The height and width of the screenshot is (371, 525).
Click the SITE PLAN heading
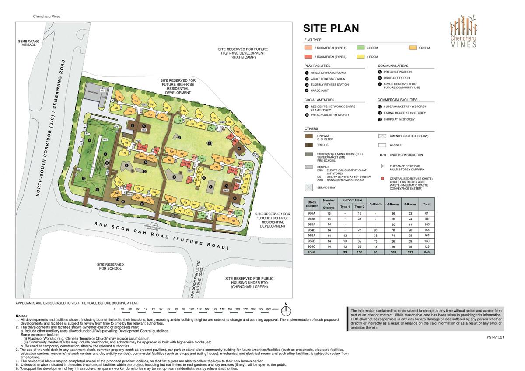pyautogui.click(x=331, y=28)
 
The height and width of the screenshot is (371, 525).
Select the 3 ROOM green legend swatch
pyautogui.click(x=360, y=48)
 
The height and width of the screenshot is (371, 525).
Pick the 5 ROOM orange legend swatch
pyautogui.click(x=413, y=48)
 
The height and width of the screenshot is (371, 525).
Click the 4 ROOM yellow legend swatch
pyautogui.click(x=360, y=57)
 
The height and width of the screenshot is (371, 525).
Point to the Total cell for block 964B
pyautogui.click(x=427, y=229)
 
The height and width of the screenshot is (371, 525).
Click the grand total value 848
pyautogui.click(x=427, y=252)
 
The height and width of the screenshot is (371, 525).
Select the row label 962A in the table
pyautogui.click(x=312, y=213)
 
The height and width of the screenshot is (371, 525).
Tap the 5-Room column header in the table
pyautogui.click(x=410, y=204)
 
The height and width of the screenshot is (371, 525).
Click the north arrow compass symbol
pyautogui.click(x=286, y=310)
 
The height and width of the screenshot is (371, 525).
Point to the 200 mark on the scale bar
pyautogui.click(x=269, y=309)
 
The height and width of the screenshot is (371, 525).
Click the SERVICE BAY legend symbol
pyautogui.click(x=309, y=187)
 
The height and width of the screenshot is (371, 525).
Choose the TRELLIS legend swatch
pyautogui.click(x=309, y=145)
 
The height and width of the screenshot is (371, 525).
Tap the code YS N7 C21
pyautogui.click(x=495, y=337)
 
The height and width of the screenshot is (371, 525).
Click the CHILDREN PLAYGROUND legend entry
pyautogui.click(x=328, y=73)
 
